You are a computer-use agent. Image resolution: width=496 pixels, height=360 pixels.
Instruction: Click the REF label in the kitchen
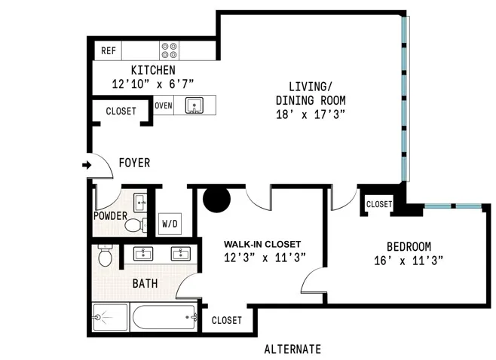click(x=108, y=51)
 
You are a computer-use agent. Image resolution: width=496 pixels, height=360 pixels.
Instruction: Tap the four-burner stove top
click(x=169, y=50)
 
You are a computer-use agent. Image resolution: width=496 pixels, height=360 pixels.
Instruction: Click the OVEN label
click(x=164, y=105)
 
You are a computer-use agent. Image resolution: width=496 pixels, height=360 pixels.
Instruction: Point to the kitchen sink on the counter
click(x=194, y=105)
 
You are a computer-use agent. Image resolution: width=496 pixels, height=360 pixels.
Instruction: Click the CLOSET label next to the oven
click(x=121, y=111)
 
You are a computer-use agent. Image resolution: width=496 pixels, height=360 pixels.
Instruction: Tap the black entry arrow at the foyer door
click(x=87, y=164)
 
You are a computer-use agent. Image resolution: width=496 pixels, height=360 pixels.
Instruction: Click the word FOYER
click(x=134, y=163)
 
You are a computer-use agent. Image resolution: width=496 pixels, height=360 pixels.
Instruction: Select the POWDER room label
click(x=111, y=215)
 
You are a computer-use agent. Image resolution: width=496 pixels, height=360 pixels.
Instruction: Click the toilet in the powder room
click(x=134, y=224)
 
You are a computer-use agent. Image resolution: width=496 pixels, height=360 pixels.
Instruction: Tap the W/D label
click(x=170, y=224)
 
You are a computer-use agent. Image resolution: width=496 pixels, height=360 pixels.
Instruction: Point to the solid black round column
click(x=217, y=199)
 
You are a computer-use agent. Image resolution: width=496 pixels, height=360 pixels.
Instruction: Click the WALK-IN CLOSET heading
click(x=262, y=245)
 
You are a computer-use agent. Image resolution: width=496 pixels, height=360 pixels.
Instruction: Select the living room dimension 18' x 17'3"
click(x=311, y=114)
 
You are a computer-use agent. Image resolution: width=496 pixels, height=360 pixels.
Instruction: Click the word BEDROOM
click(x=409, y=246)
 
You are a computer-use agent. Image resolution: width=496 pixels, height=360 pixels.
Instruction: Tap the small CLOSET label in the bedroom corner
click(x=378, y=204)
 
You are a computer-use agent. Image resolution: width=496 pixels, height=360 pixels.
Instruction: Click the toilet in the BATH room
click(x=106, y=258)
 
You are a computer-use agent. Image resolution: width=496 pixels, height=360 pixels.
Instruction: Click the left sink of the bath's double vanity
click(x=143, y=253)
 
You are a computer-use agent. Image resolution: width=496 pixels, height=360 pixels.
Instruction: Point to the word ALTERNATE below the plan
click(x=292, y=349)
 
